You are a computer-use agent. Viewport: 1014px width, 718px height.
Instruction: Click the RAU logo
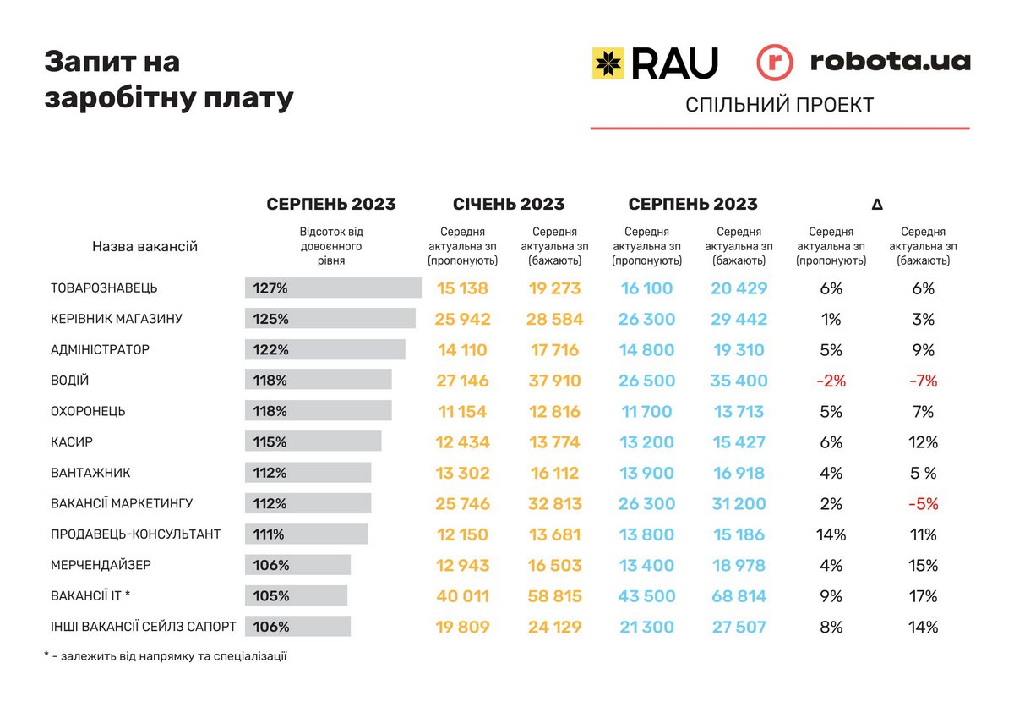point(654,63)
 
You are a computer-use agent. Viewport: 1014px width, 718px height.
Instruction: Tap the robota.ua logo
point(863,63)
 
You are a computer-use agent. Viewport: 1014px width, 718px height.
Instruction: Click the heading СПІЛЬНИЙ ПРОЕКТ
point(779,105)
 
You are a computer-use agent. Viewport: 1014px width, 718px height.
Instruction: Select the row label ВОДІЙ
point(70,381)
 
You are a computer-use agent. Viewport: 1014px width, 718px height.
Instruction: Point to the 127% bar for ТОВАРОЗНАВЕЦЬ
point(333,288)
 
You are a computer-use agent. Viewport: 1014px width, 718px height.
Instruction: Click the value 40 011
point(462,596)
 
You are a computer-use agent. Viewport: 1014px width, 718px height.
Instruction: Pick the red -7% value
point(923,381)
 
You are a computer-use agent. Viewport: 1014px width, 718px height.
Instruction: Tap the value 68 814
point(739,596)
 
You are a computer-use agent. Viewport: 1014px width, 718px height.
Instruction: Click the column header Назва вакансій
point(144,247)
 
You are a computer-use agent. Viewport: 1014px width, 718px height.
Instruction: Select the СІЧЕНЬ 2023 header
point(509,204)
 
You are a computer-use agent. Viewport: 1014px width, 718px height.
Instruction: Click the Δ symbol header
point(877,204)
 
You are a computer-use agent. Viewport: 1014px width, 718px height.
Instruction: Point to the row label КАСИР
point(72,442)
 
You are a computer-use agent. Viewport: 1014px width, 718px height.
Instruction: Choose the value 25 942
point(462,319)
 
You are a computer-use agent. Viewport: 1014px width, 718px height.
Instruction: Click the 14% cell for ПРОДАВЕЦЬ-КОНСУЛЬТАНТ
point(831,534)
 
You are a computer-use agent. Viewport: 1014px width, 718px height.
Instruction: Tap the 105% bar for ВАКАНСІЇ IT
point(296,596)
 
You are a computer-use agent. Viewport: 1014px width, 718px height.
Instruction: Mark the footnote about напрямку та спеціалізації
point(165,656)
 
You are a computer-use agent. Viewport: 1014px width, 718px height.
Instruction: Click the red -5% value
point(923,504)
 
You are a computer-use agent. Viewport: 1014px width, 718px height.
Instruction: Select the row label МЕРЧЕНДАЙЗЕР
point(101,565)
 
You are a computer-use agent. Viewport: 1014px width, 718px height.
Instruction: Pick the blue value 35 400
point(739,381)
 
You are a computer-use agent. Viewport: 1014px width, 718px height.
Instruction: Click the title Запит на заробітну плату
point(168,80)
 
